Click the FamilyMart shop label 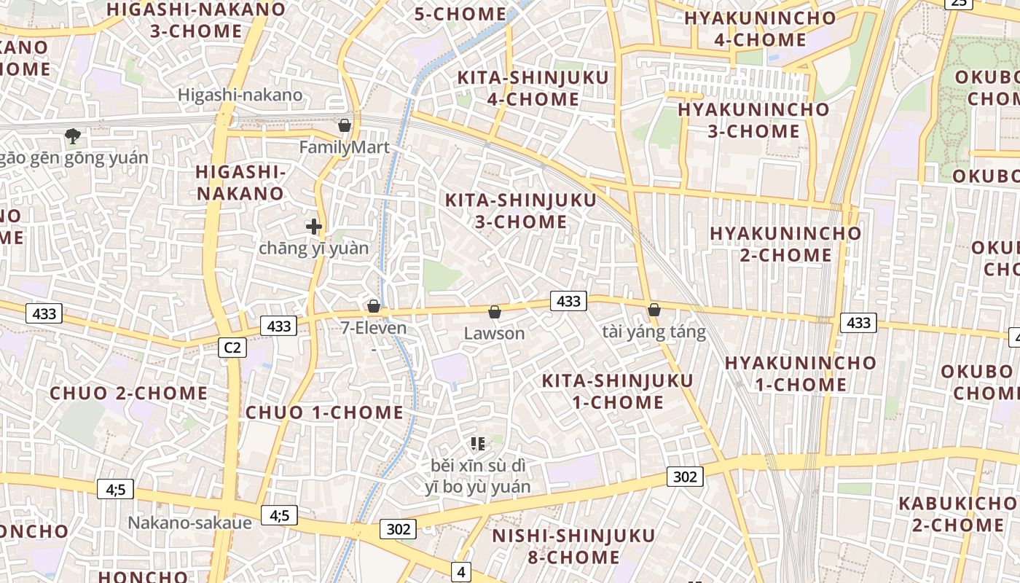[344, 147]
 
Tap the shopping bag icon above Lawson [495, 313]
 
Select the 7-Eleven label [374, 328]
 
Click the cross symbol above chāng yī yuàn [314, 227]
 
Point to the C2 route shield [232, 348]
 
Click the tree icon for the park [72, 136]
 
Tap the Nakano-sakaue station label [190, 523]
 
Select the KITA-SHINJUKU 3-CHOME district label [520, 211]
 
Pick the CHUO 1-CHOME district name [324, 412]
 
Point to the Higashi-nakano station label [240, 95]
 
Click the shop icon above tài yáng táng [654, 310]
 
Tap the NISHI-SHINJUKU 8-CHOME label [573, 547]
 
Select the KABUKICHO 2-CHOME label [958, 514]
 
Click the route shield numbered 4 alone [460, 572]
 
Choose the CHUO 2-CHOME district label [129, 394]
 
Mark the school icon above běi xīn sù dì [478, 443]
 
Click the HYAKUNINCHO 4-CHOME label [760, 29]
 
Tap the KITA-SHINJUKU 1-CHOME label [617, 391]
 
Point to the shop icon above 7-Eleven [374, 306]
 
